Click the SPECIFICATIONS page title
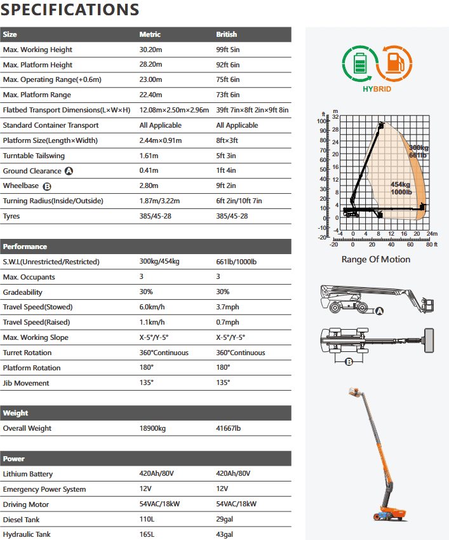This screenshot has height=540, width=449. pyautogui.click(x=70, y=10)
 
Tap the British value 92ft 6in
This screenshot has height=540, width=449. pyautogui.click(x=228, y=65)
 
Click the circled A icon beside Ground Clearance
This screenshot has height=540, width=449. pyautogui.click(x=69, y=171)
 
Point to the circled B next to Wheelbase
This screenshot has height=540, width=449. pyautogui.click(x=46, y=186)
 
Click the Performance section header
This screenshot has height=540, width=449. pyautogui.click(x=25, y=246)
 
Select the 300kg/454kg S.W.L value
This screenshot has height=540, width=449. pyautogui.click(x=159, y=262)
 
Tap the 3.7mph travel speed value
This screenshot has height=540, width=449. pyautogui.click(x=228, y=307)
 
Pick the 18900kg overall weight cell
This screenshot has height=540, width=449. pyautogui.click(x=152, y=428)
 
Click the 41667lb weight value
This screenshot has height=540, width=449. pyautogui.click(x=229, y=428)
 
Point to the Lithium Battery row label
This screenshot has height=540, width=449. pyautogui.click(x=28, y=474)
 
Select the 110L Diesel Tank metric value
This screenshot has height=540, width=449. pyautogui.click(x=147, y=520)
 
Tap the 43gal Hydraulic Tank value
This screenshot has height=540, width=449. pyautogui.click(x=225, y=535)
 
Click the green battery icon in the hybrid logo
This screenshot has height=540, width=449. pyautogui.click(x=359, y=64)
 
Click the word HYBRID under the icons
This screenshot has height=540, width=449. pyautogui.click(x=377, y=90)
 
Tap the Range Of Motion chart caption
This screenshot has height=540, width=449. pyautogui.click(x=376, y=259)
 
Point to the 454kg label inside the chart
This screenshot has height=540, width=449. pyautogui.click(x=401, y=184)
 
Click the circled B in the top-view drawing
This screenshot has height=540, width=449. pyautogui.click(x=349, y=362)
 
